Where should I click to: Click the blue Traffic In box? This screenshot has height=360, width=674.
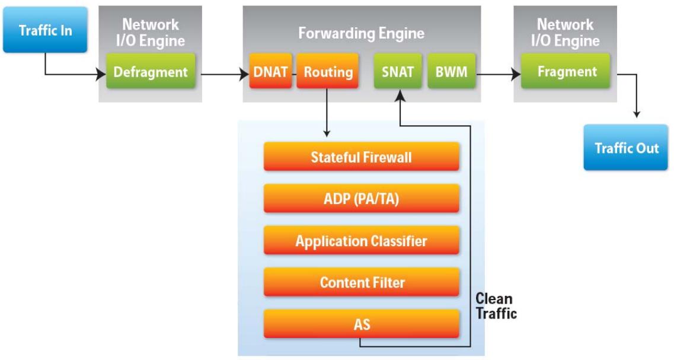pyautogui.click(x=45, y=30)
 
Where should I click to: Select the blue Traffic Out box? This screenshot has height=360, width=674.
pyautogui.click(x=626, y=148)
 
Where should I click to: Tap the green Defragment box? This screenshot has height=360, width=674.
pyautogui.click(x=151, y=71)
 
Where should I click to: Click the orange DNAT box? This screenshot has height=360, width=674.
pyautogui.click(x=270, y=71)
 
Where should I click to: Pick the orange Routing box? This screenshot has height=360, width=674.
pyautogui.click(x=328, y=71)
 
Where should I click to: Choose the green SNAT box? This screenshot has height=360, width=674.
pyautogui.click(x=398, y=71)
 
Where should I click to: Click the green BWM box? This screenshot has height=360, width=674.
pyautogui.click(x=451, y=71)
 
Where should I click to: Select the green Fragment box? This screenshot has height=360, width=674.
pyautogui.click(x=566, y=71)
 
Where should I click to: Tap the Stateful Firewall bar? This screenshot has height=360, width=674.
pyautogui.click(x=362, y=157)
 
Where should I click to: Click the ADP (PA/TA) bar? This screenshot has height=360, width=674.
pyautogui.click(x=362, y=198)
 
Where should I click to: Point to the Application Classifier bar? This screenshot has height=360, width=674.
pyautogui.click(x=362, y=240)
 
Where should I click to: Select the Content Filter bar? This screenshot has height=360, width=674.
pyautogui.click(x=362, y=282)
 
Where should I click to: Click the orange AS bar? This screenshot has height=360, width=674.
pyautogui.click(x=362, y=323)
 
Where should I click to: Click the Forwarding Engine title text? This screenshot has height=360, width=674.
pyautogui.click(x=361, y=33)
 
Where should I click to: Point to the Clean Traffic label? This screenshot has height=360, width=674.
pyautogui.click(x=496, y=306)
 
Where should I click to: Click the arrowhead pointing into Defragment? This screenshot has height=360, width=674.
pyautogui.click(x=102, y=74)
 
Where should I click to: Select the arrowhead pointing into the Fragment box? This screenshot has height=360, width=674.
pyautogui.click(x=516, y=74)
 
